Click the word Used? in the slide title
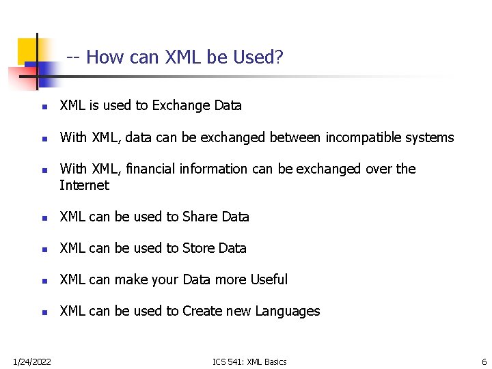[258, 57]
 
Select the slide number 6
[484, 361]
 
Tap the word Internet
[84, 185]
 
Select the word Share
[199, 217]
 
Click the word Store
[198, 248]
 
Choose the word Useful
[269, 279]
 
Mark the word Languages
[287, 312]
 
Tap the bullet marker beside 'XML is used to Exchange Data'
[43, 107]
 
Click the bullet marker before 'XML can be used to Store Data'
[43, 249]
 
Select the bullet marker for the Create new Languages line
[43, 312]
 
